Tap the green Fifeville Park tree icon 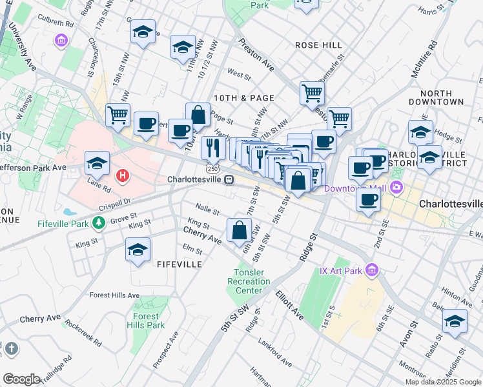point(98,223)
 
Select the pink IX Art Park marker point(371,270)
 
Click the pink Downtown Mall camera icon point(396,188)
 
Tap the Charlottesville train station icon point(229,180)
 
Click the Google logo point(21,379)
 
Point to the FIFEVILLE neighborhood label point(180,264)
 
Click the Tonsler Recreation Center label point(249,281)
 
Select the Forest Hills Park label point(146,321)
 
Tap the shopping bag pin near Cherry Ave point(239,230)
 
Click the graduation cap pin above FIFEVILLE point(138,250)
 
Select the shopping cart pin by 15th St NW point(118,116)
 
